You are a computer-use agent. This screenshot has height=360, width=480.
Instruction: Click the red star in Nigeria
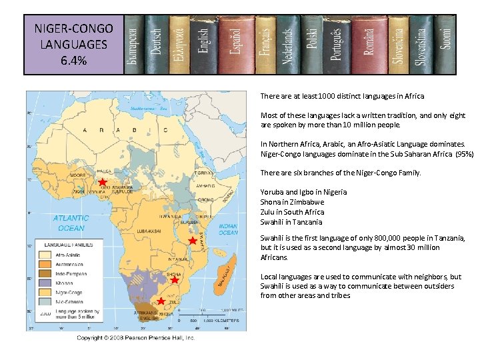103,182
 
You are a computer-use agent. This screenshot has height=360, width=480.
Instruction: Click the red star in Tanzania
193,241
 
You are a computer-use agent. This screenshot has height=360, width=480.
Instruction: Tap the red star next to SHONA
175,281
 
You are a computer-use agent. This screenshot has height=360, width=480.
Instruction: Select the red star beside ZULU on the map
161,301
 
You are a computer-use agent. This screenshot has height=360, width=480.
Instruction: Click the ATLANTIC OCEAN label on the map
71,223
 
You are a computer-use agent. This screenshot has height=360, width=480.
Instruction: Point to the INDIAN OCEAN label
227,229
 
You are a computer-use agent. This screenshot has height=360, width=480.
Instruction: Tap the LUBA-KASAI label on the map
148,231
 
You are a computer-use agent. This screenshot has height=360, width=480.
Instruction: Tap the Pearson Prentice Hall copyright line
136,338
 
